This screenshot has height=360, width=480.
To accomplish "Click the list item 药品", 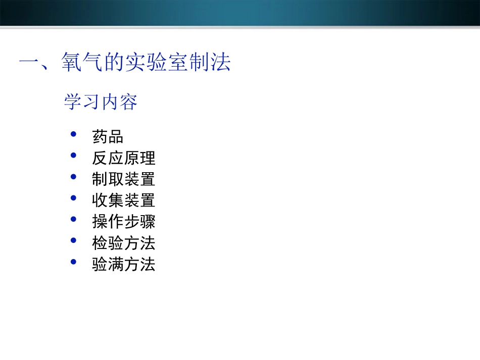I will point(108,137).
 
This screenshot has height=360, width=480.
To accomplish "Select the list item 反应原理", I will point(123,158).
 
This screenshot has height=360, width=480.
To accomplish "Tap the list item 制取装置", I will point(123,179).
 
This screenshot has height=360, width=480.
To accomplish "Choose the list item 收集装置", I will point(123,200).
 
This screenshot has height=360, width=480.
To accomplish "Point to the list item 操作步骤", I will point(123,222).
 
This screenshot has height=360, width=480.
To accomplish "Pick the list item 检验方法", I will point(123,243).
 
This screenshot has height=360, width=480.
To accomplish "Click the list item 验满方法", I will point(123,265).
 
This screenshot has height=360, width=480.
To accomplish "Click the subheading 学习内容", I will point(101,102).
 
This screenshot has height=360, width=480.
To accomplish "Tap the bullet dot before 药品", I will point(74,134).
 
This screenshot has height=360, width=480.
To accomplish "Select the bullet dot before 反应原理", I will point(74,156).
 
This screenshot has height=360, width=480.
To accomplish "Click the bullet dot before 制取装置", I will point(74,177).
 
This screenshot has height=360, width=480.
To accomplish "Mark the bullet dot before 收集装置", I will point(74,198).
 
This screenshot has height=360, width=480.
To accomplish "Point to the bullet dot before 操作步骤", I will point(74,219).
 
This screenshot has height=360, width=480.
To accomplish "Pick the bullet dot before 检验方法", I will point(74,241).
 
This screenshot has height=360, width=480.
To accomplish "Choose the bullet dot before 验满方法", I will point(74,262).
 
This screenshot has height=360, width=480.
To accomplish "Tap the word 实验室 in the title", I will point(157,63).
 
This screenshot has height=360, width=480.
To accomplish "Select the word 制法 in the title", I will point(210,63).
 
